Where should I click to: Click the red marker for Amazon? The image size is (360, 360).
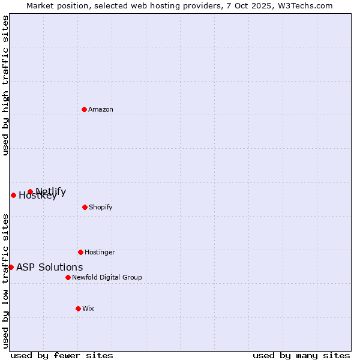(x=84, y=109)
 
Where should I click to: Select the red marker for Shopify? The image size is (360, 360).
(x=85, y=207)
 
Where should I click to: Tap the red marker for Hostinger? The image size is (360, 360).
(x=80, y=252)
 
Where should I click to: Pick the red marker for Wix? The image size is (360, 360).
(x=78, y=308)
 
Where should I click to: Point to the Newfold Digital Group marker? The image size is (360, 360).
(x=68, y=277)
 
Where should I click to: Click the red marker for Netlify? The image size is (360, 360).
(x=30, y=191)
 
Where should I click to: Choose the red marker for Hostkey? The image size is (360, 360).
(x=13, y=195)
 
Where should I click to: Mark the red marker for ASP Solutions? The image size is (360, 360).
(x=11, y=267)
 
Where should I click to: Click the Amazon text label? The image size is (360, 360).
(x=101, y=109)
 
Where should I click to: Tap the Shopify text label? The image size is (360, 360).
(x=101, y=207)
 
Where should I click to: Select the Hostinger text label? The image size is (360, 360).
(x=100, y=252)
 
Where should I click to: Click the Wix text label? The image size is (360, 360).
(x=88, y=308)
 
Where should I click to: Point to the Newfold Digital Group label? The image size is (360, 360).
(x=107, y=277)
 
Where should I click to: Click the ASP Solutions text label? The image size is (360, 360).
(x=49, y=267)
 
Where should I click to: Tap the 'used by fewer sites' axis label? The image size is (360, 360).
(x=62, y=355)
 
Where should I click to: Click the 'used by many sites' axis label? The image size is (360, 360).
(x=301, y=355)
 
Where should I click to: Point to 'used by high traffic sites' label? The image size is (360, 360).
(x=5, y=85)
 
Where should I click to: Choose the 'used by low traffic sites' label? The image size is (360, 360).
(x=5, y=280)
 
